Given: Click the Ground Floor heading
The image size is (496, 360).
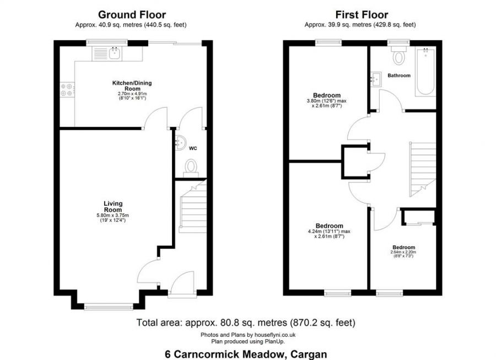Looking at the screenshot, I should (132, 15).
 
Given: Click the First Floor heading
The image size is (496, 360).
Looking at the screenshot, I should (361, 15).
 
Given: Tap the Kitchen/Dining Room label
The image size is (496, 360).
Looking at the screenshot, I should (132, 85).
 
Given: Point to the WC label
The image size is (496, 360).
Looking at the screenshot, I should (193, 148).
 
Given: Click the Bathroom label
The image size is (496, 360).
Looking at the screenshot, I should (398, 75).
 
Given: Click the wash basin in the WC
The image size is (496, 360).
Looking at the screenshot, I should (180, 143).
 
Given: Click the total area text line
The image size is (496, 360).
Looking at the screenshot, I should (246, 322).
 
